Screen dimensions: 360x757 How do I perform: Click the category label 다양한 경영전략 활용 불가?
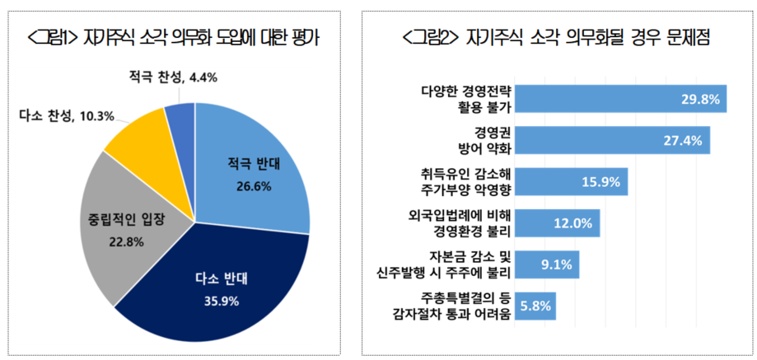(x=468, y=99)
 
